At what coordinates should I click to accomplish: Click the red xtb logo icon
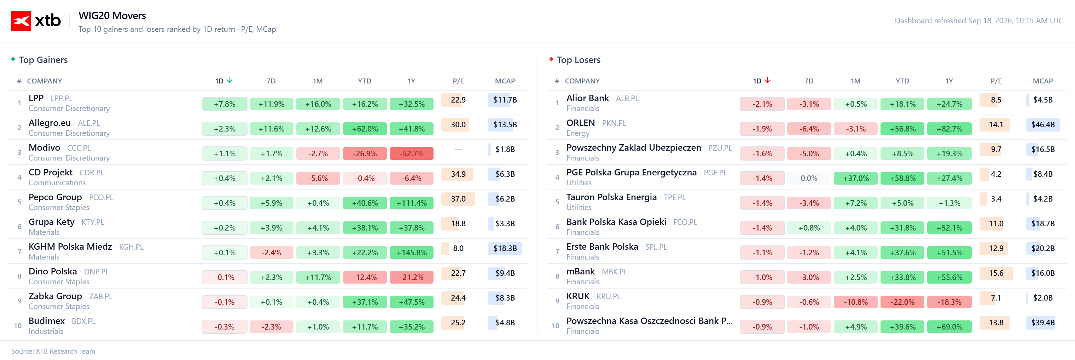21,21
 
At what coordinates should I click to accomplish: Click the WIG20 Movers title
112,16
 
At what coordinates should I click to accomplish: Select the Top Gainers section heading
43,60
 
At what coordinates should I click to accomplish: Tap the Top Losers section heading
579,60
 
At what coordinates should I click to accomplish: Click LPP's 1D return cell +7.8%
225,104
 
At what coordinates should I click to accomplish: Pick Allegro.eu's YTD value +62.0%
365,129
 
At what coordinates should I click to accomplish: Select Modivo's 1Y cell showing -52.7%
412,153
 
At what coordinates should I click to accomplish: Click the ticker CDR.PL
92,172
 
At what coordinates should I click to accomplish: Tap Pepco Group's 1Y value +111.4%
412,203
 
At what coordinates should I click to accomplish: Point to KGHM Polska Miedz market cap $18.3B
505,248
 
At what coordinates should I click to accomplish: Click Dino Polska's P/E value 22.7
458,273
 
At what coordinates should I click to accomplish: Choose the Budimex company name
47,321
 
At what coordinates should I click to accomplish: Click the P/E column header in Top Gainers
458,81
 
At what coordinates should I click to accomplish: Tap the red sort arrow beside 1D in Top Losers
767,80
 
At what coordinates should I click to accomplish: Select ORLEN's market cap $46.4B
1042,124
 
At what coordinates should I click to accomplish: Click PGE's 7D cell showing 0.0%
809,179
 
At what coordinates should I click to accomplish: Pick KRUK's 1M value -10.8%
855,302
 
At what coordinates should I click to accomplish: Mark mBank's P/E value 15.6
996,273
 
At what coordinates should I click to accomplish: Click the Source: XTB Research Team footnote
53,351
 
